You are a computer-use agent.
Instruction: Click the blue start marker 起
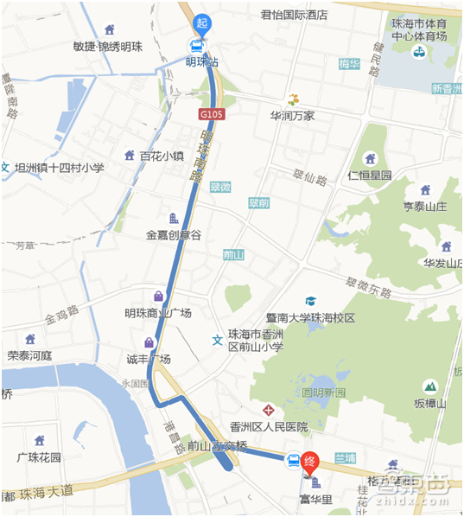point(202,23)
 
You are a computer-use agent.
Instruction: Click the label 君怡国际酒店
point(294,15)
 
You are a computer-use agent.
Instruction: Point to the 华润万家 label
point(292,115)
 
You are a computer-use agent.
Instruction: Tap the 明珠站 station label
point(202,62)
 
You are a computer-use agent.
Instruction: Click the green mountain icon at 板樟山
point(429,386)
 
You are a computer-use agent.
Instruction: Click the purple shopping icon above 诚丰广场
point(149,342)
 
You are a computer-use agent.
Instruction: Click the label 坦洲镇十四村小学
point(59,168)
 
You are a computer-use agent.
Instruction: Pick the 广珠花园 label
point(39,456)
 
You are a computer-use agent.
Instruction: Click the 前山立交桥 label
point(218,447)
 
